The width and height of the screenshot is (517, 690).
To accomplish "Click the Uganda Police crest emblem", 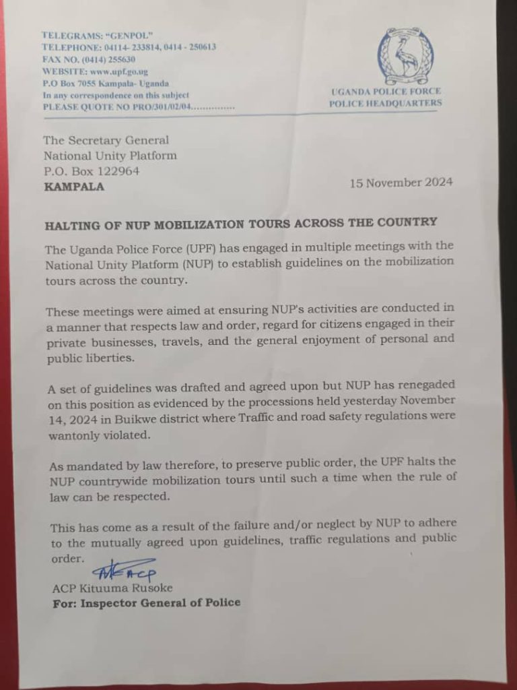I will (x=405, y=55).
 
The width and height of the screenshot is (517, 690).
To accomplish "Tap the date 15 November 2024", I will (x=401, y=183).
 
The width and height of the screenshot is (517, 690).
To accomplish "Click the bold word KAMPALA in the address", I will (x=74, y=187).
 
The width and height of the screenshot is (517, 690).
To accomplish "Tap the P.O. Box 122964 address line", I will (x=91, y=171).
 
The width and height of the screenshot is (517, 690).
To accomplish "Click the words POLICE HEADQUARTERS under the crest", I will (x=385, y=103).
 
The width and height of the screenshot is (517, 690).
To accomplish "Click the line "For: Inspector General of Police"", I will (x=146, y=603).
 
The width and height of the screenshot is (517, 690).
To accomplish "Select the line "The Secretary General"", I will (x=106, y=140).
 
